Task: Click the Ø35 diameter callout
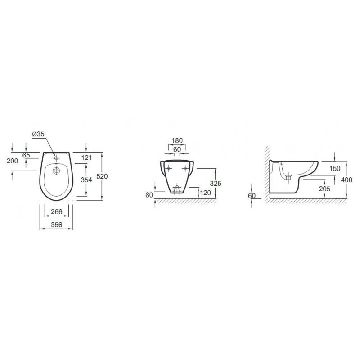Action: coord(38,134)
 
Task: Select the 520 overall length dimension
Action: coord(102,176)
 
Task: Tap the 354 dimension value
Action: coord(86,180)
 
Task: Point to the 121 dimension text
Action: coord(86,158)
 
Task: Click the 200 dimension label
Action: coord(13,161)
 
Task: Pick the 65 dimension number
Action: coord(26,155)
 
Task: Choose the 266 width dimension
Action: coord(57,211)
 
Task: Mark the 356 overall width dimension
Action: coord(57,225)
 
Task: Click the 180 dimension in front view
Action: coord(177,140)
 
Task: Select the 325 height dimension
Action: coord(216,183)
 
